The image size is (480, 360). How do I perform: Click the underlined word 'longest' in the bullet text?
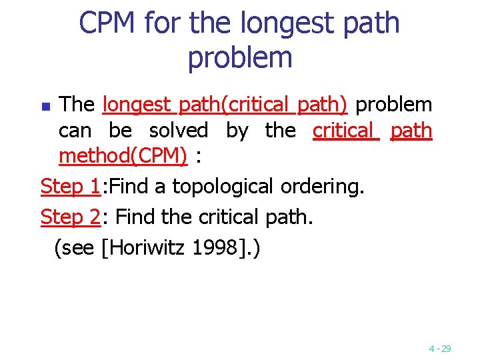[137, 105]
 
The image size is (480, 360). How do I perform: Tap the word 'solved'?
[178, 131]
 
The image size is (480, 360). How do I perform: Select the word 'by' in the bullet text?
[237, 131]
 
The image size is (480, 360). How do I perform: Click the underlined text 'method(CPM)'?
[123, 157]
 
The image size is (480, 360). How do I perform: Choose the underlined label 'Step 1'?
[69, 187]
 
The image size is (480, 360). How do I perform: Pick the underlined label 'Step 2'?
[69, 217]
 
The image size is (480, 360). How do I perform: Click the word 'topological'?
[223, 187]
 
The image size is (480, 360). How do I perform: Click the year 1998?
[215, 248]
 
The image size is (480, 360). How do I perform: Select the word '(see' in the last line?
[74, 248]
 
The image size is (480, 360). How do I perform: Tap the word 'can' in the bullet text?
[75, 131]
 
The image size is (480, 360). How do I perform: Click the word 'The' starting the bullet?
[77, 105]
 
